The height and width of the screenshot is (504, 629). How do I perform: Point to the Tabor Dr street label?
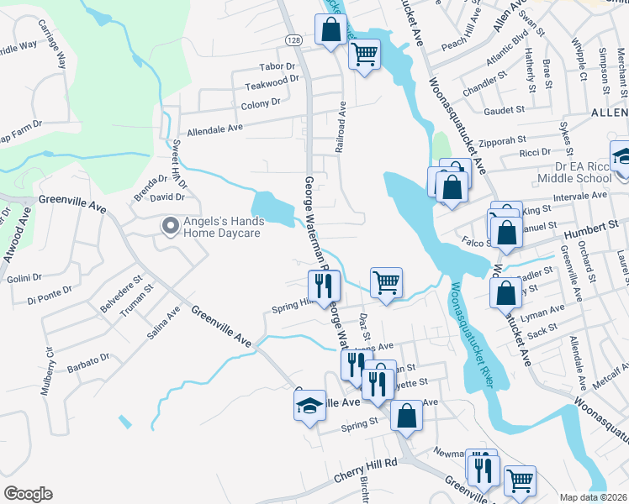point(277,66)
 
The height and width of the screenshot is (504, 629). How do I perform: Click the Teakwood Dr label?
point(272,83)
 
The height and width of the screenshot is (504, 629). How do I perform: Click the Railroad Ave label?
point(341,127)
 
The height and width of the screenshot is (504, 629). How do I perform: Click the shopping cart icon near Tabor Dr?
point(364,55)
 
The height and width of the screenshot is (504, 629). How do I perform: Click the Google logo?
point(28,494)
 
